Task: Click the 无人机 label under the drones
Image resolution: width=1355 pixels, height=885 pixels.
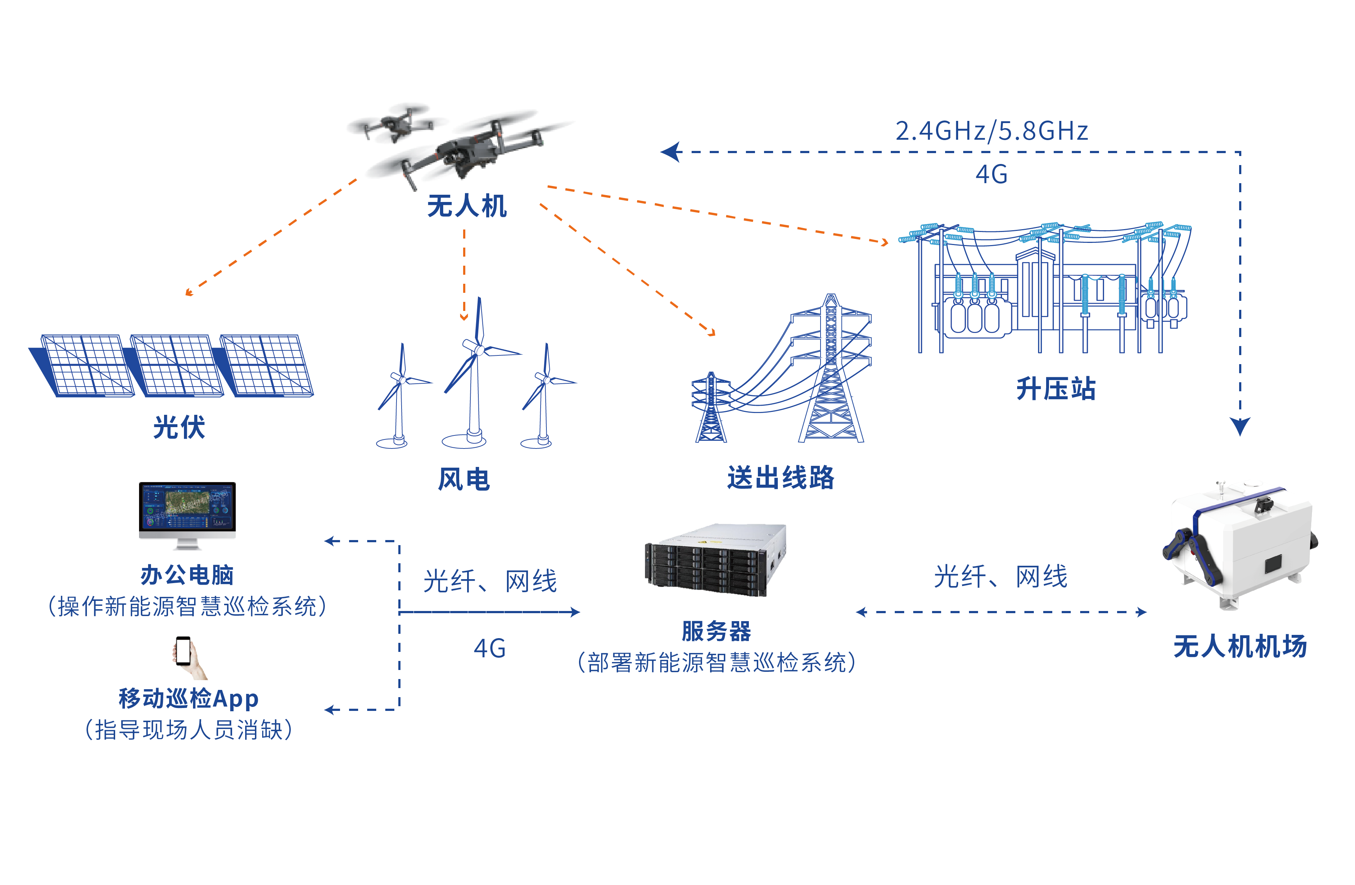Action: (466, 206)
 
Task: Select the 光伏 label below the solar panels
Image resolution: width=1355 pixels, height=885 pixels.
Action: (179, 427)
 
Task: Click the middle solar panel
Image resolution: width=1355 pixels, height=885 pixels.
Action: (176, 365)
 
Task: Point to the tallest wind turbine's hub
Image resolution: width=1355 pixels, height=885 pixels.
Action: (479, 349)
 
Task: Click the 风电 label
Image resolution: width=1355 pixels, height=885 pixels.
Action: (463, 479)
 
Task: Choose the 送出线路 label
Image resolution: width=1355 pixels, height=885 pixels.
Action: (781, 477)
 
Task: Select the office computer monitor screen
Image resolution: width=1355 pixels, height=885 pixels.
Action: (187, 506)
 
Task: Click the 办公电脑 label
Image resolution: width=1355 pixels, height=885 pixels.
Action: (187, 575)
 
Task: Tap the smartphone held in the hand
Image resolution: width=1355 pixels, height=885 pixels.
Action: (183, 650)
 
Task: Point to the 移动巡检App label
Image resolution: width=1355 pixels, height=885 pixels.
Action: (188, 698)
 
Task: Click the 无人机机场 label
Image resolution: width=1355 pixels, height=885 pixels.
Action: (1239, 646)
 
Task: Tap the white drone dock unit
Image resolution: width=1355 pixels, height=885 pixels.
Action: (1241, 546)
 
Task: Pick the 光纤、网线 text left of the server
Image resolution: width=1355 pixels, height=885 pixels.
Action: (490, 581)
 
